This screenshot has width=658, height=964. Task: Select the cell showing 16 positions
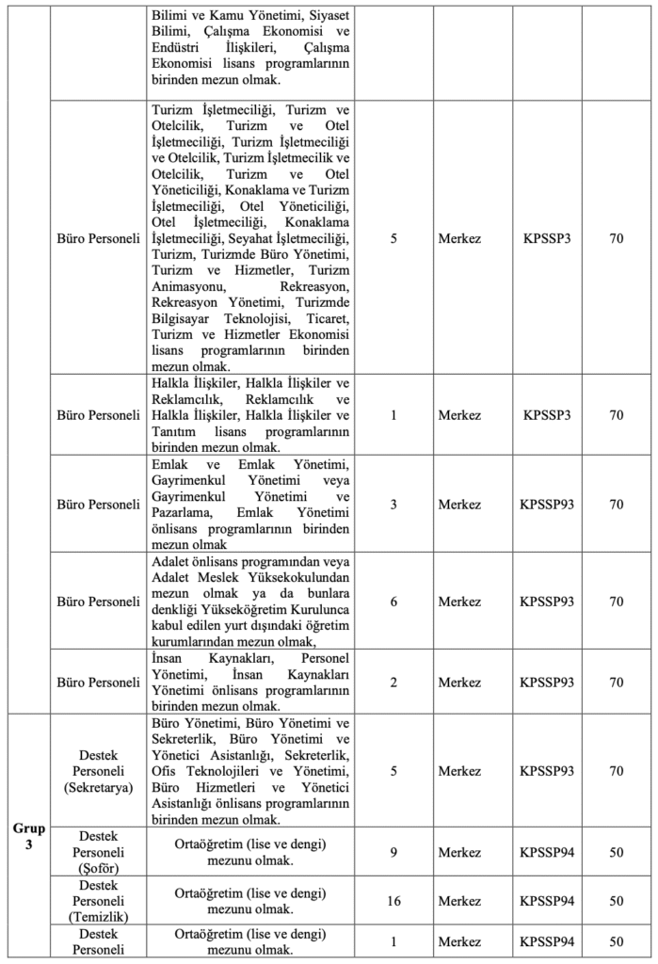393,901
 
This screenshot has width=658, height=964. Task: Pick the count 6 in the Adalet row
393,601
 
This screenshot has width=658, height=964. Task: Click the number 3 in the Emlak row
393,504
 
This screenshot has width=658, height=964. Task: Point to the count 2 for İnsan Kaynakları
393,681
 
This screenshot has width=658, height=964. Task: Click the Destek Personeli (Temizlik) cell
98,901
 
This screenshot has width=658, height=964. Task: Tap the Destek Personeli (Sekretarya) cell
98,771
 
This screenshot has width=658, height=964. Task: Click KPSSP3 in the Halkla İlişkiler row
547,414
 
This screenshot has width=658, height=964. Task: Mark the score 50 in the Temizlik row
616,901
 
